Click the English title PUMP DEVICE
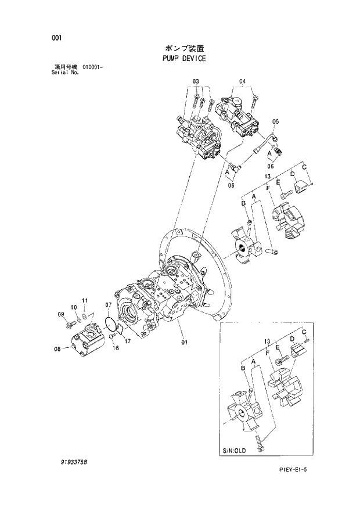point(183,59)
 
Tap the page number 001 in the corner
point(56,38)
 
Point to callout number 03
point(196,81)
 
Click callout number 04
point(242,81)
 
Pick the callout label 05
point(276,121)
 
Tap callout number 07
point(109,305)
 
